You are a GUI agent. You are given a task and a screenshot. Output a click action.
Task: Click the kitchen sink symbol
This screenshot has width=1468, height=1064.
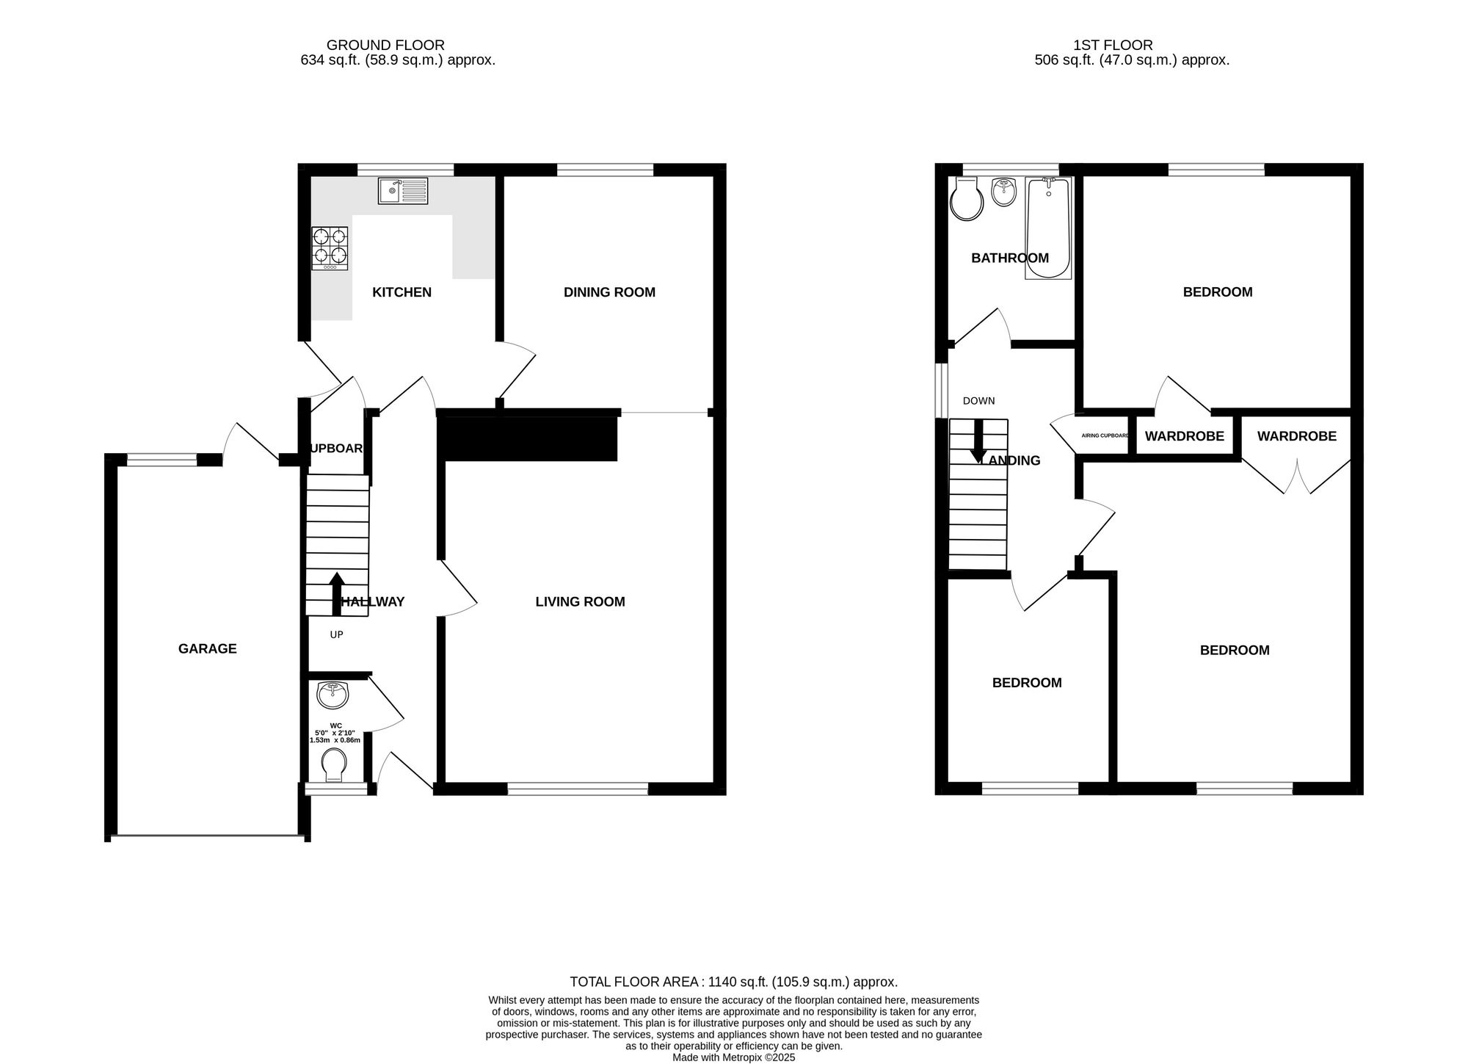pos(403,191)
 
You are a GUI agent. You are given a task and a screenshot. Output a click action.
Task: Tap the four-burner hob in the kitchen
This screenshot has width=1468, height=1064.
pos(330,248)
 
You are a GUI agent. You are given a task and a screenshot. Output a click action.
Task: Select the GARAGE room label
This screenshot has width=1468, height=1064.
pos(208,648)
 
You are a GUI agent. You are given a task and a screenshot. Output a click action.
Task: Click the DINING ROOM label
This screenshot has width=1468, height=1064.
pos(609,292)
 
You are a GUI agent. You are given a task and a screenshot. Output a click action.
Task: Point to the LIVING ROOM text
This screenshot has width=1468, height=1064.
pos(580,602)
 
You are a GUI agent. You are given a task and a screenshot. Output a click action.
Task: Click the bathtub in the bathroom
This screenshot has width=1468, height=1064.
pos(1048,228)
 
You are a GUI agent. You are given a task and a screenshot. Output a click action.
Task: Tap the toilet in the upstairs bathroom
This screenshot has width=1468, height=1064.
pos(966,199)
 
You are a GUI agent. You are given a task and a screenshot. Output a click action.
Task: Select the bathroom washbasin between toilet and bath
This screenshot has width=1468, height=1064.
pos(1003,192)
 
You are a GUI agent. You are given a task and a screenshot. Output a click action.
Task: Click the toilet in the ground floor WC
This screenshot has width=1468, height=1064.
pos(335,765)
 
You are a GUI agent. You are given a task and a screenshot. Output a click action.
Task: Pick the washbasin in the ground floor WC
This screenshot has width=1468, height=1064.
pos(333,695)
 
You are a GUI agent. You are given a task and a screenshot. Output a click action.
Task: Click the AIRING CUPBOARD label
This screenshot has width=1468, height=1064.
pos(1105,435)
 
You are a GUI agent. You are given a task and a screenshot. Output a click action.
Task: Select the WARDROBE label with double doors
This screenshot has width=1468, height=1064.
pos(1296,436)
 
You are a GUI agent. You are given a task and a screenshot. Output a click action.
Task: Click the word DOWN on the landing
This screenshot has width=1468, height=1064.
pos(978,401)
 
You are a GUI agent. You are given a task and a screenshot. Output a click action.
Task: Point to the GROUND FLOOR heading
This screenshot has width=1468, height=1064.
pos(385,46)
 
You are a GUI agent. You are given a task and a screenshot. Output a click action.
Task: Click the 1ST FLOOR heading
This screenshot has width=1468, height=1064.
pos(1113,46)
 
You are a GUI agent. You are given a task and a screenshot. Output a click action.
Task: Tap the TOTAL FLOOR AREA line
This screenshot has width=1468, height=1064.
pos(733,982)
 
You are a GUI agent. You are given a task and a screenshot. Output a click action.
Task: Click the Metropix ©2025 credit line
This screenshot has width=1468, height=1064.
pos(733,1058)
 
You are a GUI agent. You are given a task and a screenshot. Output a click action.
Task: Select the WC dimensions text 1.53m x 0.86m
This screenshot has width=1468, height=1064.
pos(335,740)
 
